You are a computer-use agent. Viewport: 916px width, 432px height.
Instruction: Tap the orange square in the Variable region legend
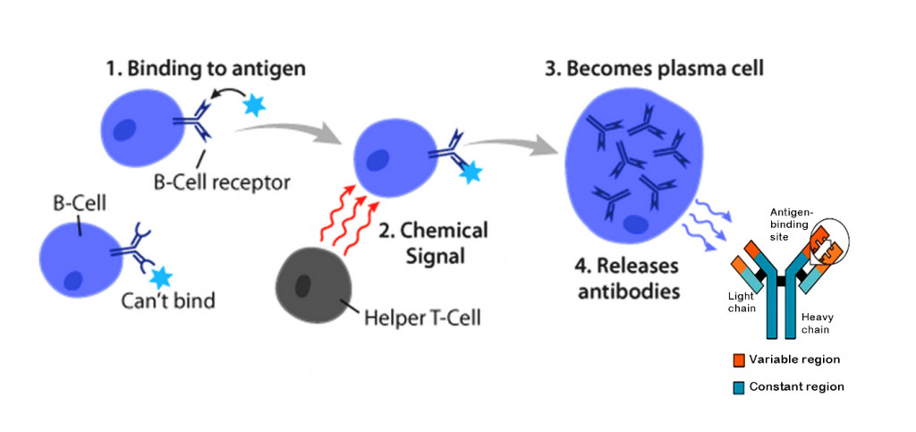pyautogui.click(x=738, y=360)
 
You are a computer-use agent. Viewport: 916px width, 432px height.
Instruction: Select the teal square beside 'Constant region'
pyautogui.click(x=738, y=386)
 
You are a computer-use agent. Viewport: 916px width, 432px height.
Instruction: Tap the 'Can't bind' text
pyautogui.click(x=168, y=301)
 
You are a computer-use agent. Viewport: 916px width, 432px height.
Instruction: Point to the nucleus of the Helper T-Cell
pyautogui.click(x=304, y=287)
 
